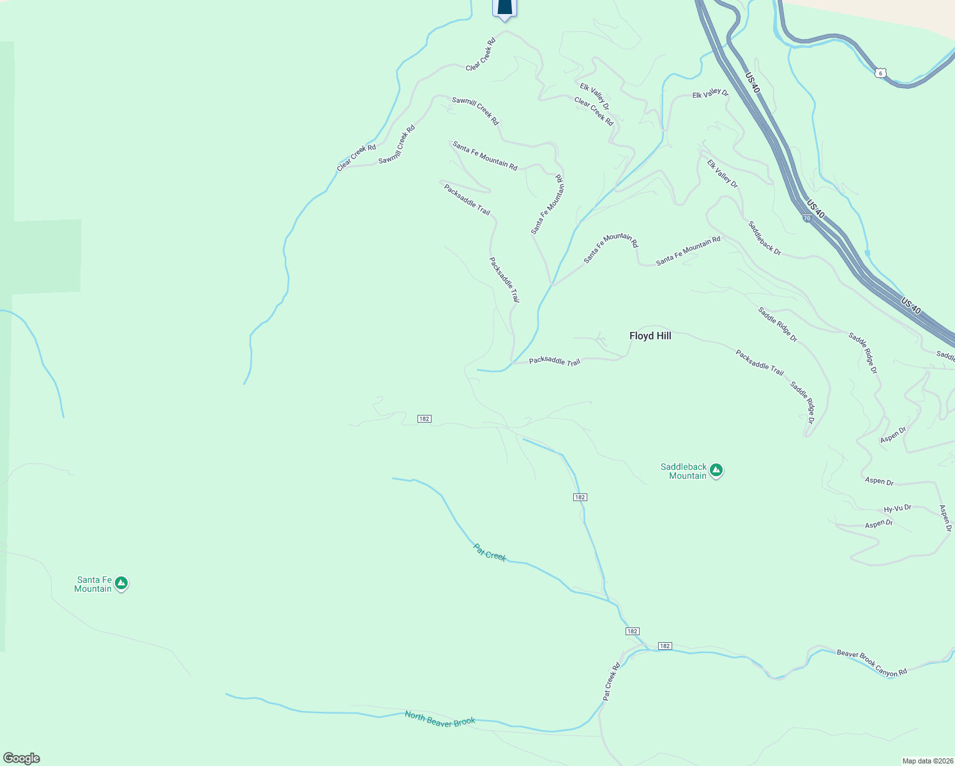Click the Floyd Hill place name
coord(650,336)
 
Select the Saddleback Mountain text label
coord(684,471)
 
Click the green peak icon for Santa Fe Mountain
coord(121,583)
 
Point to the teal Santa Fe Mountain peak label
coord(93,584)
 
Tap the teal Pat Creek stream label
coord(490,552)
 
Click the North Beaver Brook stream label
coord(440,718)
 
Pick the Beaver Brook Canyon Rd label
coord(871,663)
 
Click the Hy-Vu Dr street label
coord(897,509)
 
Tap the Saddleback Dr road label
coord(764,238)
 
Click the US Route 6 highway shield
coord(881,73)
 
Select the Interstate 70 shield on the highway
coord(807,218)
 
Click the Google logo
coord(22,758)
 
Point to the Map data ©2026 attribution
coord(926,761)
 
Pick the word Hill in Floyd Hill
coord(662,336)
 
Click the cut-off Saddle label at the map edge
coord(945,355)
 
